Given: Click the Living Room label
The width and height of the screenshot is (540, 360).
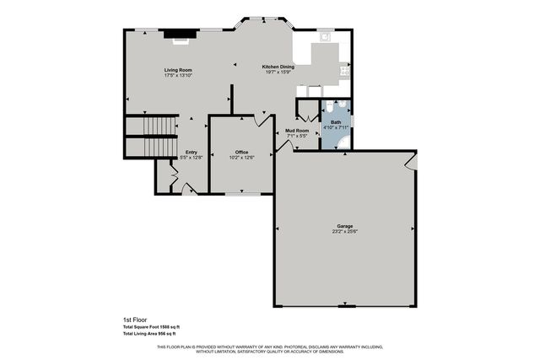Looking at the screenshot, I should (178, 70).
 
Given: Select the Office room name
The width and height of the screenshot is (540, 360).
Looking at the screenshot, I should (242, 152).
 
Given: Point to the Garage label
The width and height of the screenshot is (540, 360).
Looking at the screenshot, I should (344, 226).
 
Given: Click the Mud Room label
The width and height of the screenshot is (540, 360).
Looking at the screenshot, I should (296, 131).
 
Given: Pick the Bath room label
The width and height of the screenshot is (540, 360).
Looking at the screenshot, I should (336, 122).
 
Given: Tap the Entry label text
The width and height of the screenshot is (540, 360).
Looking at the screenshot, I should (192, 152).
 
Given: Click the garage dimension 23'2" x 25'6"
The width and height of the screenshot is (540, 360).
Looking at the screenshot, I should (344, 232).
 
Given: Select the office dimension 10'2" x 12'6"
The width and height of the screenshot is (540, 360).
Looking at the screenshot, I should (242, 158).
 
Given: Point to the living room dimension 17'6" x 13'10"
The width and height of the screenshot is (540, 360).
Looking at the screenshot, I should (178, 76).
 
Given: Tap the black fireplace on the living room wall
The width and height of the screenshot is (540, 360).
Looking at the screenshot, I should (177, 35).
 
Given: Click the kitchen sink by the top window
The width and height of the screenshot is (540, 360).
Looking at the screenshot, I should (326, 36).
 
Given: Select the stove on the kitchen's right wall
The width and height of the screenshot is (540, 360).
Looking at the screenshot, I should (344, 71).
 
